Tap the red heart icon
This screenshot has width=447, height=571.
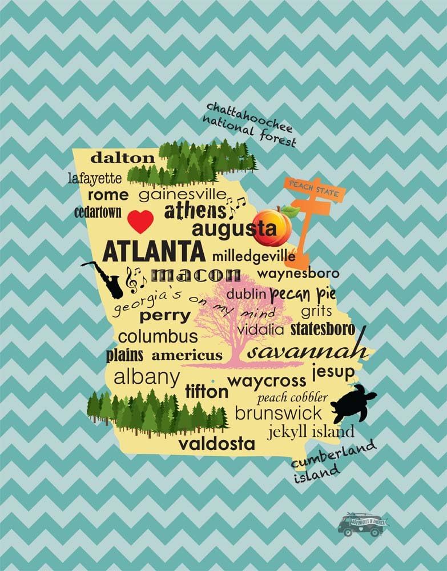click(140, 222)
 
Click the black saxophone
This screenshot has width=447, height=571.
click(105, 279)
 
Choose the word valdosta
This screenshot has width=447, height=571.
click(217, 444)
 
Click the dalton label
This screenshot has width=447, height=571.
click(123, 158)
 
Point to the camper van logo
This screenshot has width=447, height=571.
click(361, 524)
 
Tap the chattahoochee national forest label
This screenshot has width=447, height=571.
click(251, 124)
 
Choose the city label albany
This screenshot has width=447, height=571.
click(147, 378)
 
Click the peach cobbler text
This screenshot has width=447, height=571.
click(293, 397)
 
